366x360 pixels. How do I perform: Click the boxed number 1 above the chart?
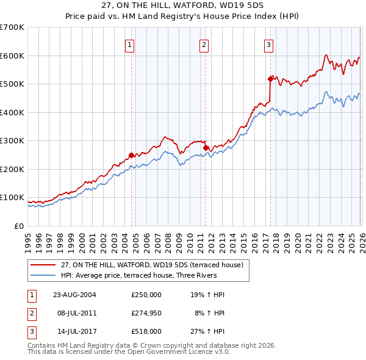(131, 44)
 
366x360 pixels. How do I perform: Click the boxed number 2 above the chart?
(204, 44)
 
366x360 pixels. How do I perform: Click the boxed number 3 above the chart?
(269, 44)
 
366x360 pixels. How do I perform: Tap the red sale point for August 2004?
(131, 155)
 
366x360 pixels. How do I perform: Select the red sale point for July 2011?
(206, 148)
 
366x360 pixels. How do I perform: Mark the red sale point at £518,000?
(270, 79)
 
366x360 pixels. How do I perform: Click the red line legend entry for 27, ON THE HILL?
(152, 265)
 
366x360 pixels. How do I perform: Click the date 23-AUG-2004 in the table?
(74, 295)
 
